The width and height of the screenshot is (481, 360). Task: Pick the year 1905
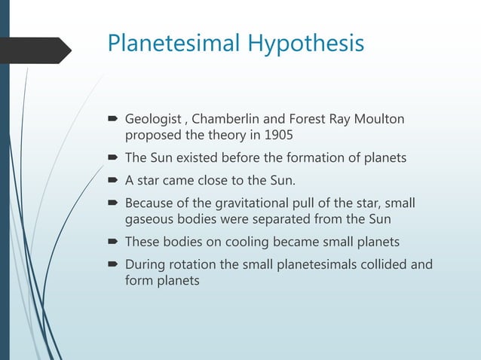[278, 137]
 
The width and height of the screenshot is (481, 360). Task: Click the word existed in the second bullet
[197, 159]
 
